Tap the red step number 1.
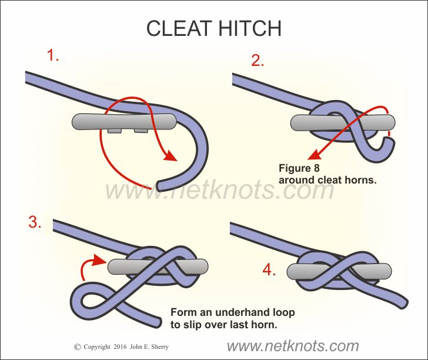pyautogui.click(x=53, y=56)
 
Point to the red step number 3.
pyautogui.click(x=35, y=222)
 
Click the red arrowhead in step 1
pyautogui.click(x=171, y=157)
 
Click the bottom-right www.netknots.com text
pyautogui.click(x=292, y=346)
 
